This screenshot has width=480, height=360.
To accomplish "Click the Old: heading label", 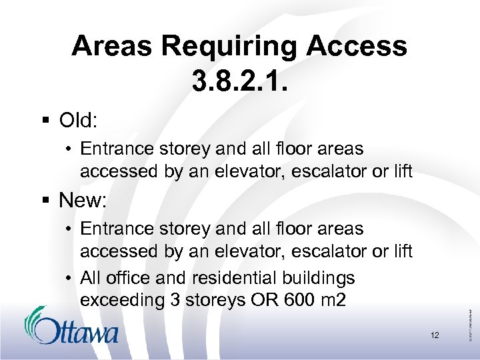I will point(79,121).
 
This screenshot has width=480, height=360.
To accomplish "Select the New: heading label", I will point(83,200).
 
